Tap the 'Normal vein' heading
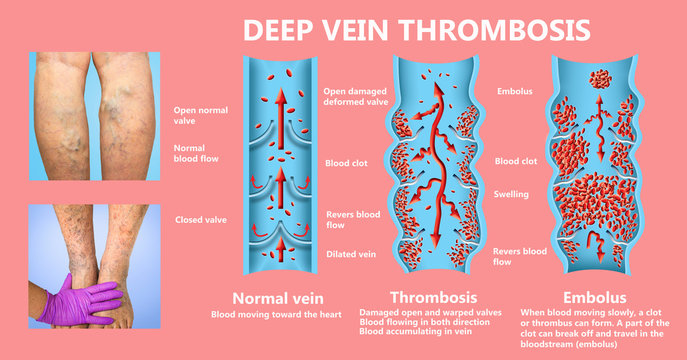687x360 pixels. tap(276, 298)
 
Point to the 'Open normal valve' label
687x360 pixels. tap(197, 116)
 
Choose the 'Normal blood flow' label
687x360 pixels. tap(196, 153)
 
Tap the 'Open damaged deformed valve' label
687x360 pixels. tap(357, 96)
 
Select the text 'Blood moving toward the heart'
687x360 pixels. tap(275, 315)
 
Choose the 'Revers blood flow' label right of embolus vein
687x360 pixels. tap(521, 256)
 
